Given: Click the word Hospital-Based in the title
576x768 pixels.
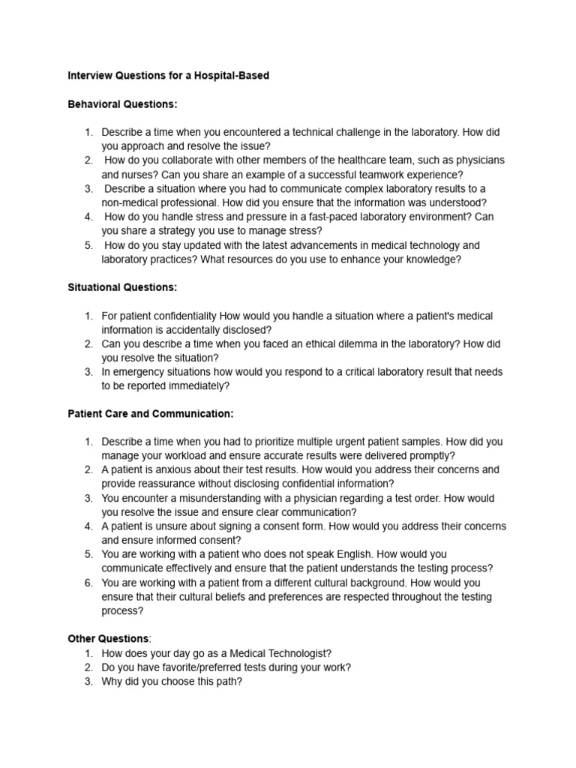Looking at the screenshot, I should click(x=232, y=76).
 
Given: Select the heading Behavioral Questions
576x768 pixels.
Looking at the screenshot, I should click(x=122, y=104).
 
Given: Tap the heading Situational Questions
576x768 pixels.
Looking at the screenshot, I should click(x=123, y=287).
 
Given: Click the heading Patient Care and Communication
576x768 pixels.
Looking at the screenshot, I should click(x=151, y=413).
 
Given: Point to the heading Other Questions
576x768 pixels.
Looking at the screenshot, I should click(x=109, y=638).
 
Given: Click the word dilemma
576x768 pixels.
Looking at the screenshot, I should click(x=352, y=344).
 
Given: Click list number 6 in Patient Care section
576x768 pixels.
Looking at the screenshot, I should click(x=88, y=583).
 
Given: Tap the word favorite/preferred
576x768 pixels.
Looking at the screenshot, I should click(x=191, y=667).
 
